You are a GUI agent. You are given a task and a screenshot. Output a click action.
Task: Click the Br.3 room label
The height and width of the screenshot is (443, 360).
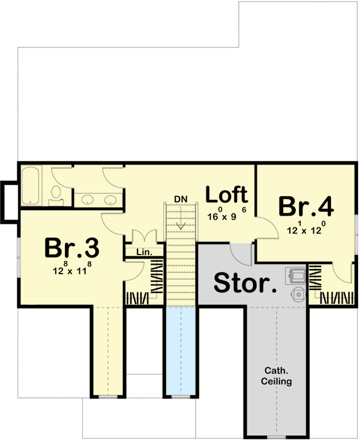click(71, 247)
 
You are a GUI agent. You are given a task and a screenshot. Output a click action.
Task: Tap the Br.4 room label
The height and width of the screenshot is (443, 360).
click(305, 206)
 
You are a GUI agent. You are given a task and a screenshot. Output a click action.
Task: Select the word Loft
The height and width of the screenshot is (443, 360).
click(226, 194)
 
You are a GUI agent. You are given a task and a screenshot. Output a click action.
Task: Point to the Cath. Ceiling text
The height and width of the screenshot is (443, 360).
click(277, 376)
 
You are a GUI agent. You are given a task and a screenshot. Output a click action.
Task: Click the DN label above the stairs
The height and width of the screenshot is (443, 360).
click(181, 199)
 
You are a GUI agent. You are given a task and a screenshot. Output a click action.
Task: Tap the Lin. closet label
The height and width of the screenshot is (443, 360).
click(143, 253)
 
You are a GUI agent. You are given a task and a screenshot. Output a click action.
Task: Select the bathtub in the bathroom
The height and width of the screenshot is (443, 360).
click(30, 186)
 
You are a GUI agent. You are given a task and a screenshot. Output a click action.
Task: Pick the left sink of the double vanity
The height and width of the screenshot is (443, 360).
click(88, 200)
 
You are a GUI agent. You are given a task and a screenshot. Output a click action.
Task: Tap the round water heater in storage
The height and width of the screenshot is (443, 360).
click(298, 294)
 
